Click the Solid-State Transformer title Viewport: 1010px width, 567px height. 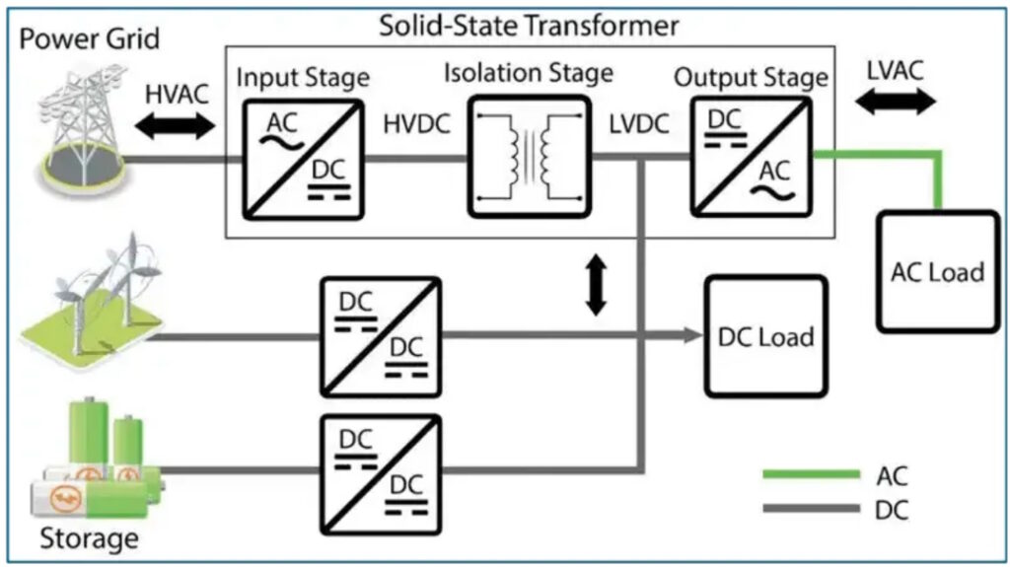pyautogui.click(x=529, y=26)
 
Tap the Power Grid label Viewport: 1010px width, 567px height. pyautogui.click(x=89, y=38)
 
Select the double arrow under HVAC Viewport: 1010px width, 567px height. pyautogui.click(x=176, y=125)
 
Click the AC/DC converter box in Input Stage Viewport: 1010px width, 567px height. pyautogui.click(x=303, y=159)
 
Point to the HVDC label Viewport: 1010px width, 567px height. pyautogui.click(x=416, y=124)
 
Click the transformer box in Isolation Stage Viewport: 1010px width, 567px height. pyautogui.click(x=529, y=157)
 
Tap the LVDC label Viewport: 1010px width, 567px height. pyautogui.click(x=639, y=124)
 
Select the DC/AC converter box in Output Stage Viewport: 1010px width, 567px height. pyautogui.click(x=751, y=157)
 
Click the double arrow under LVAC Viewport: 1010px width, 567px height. pyautogui.click(x=896, y=102)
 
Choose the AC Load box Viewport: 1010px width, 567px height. pyautogui.click(x=938, y=272)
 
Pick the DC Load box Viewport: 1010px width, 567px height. pyautogui.click(x=765, y=335)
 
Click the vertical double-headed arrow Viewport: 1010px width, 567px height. pyautogui.click(x=596, y=285)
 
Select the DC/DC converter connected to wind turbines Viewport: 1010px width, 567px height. pyautogui.click(x=381, y=337)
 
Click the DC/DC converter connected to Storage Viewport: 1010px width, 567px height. pyautogui.click(x=381, y=475)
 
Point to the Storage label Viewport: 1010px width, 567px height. pyautogui.click(x=89, y=538)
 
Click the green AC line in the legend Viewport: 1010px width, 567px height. pyautogui.click(x=811, y=474)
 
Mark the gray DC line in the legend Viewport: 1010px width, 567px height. pyautogui.click(x=811, y=509)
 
